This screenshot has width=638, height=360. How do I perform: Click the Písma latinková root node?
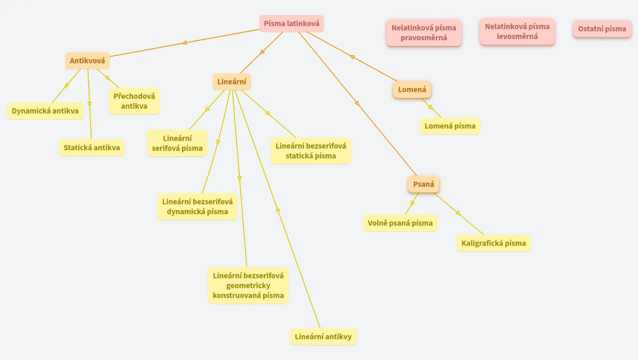291,23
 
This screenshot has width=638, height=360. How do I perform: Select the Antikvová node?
87,60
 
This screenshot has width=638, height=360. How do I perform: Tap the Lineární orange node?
232,82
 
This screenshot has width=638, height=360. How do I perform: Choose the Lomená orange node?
412,90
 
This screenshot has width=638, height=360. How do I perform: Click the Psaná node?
424,184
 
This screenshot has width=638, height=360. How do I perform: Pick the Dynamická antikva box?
45,111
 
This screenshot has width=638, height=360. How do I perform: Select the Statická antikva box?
92,148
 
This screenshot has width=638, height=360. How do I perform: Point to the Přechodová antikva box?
134,101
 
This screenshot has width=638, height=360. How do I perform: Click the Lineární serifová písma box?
177,143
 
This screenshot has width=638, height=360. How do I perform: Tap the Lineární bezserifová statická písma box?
311,150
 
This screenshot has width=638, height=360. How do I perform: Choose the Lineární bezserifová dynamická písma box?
197,206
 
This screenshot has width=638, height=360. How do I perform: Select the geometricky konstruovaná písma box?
248,285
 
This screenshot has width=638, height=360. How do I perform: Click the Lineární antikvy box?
323,337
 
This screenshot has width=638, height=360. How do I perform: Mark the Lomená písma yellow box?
450,126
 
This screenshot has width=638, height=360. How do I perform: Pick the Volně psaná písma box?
400,223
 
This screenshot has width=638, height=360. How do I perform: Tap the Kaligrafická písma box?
494,243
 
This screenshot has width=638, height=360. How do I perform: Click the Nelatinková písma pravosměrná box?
424,33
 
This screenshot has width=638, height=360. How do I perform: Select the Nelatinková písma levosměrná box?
517,31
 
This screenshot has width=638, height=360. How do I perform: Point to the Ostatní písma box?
602,29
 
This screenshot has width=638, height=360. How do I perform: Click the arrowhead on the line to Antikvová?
184,43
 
